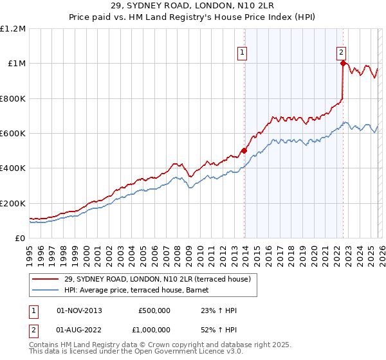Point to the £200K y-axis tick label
point(13,203)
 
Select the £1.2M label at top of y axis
point(13,29)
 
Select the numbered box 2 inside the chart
point(341,53)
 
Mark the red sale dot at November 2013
point(244,151)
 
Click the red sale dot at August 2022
point(343,63)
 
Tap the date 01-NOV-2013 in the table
point(79,310)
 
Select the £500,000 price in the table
point(154,310)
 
